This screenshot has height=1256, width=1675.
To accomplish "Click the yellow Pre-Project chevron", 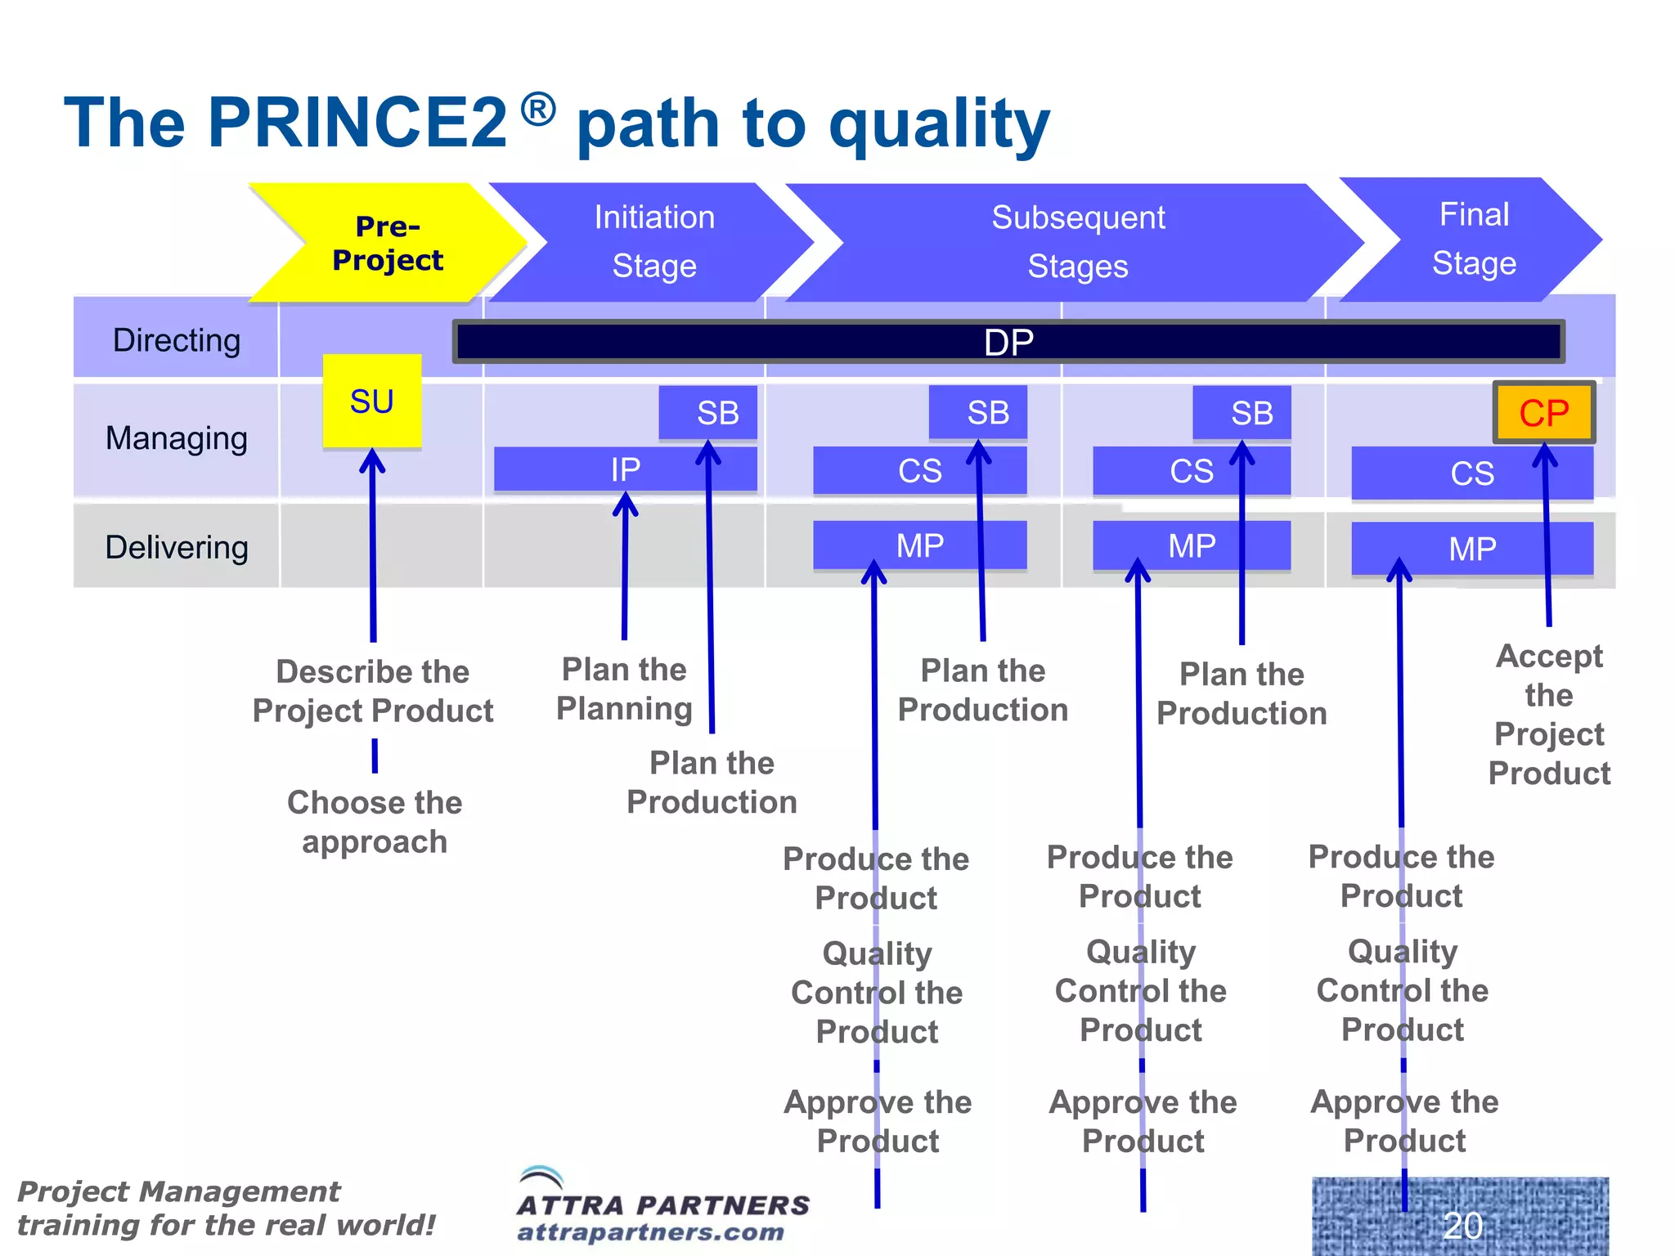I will click(388, 243).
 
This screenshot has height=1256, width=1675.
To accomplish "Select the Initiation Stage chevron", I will click(653, 242).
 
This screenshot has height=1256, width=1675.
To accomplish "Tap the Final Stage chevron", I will click(1474, 239).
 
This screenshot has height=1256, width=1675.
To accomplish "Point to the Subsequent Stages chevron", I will click(1077, 242).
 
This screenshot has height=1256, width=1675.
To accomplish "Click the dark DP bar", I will click(1008, 342).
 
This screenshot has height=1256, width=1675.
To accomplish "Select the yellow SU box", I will click(372, 401).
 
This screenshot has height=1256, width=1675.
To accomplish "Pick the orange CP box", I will click(1543, 413).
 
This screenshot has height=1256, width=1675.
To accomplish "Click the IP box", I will click(625, 469).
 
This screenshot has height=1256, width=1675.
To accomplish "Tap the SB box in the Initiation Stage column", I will click(708, 412).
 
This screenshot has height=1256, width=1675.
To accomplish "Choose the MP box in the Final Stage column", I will click(1472, 549).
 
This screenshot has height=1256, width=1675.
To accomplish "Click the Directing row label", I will click(177, 340).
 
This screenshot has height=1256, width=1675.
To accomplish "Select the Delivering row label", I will click(177, 547).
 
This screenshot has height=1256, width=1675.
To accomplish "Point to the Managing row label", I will click(177, 438).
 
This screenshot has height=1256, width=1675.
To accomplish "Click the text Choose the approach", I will click(375, 822).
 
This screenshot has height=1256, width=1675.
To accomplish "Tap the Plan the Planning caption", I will click(624, 689).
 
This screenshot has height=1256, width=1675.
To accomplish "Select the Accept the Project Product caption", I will click(1549, 714).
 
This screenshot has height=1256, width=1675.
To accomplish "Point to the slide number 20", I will click(1462, 1225).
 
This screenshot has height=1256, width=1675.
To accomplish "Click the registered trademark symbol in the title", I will click(538, 109).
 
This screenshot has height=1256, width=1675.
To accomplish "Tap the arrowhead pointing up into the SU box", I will click(373, 460).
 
